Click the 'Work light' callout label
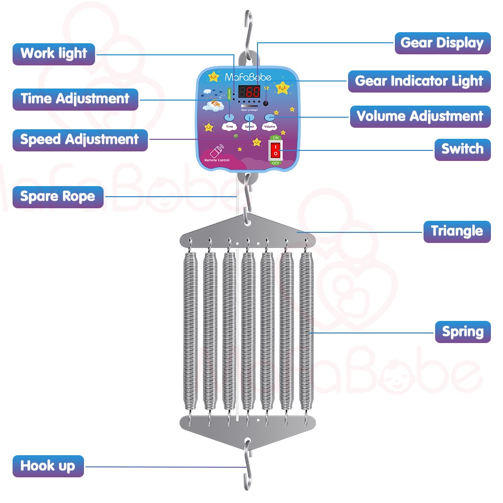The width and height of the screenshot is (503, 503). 54,53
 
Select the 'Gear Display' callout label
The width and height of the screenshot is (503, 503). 442,43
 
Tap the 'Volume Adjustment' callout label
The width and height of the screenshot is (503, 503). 420,116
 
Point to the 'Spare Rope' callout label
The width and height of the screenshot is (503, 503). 57,196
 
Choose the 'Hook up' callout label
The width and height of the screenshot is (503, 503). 48,466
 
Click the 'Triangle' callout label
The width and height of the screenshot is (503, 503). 457,231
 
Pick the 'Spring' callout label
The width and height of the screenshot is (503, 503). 462,332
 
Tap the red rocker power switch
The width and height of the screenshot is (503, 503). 275,149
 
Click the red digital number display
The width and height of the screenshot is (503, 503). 249,93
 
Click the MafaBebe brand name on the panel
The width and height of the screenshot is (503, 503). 247,77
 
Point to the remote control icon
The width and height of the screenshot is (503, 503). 217,152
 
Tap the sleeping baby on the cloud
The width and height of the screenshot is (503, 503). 214,105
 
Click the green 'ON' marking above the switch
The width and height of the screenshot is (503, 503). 275,137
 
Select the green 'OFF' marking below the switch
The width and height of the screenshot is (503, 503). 275,163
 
